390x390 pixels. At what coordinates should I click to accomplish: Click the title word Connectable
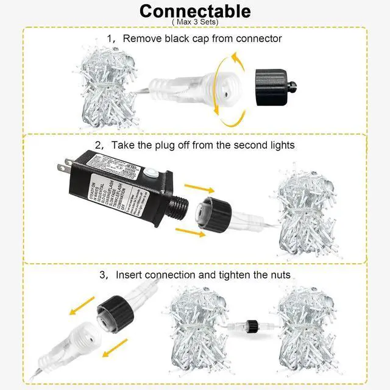click(194, 11)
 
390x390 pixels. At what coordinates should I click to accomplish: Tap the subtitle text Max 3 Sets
click(195, 23)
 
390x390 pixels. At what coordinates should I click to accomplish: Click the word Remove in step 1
click(140, 38)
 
